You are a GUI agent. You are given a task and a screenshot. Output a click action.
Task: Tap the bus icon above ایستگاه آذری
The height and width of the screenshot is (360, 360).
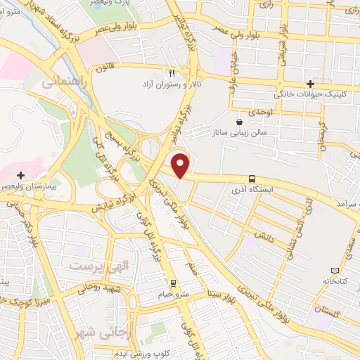point(252,179)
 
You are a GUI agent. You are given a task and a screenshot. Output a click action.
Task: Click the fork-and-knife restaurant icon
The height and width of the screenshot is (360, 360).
point(172,72)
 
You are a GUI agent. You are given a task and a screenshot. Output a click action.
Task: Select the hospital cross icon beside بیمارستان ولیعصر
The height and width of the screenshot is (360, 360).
point(21,174)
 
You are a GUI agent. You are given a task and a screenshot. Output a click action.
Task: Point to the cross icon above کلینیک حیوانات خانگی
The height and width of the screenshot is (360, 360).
point(310,84)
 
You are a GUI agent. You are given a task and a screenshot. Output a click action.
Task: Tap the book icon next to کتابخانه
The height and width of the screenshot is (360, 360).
point(335,271)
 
